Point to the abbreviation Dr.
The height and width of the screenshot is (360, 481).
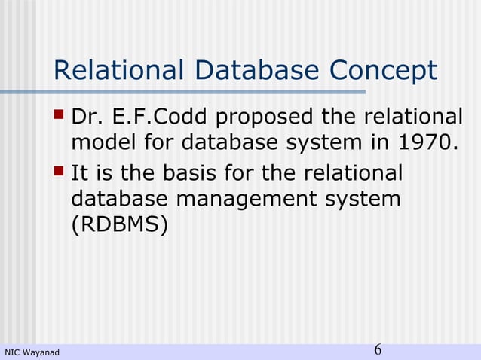pyautogui.click(x=85, y=118)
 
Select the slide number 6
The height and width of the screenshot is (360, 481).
pyautogui.click(x=378, y=350)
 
